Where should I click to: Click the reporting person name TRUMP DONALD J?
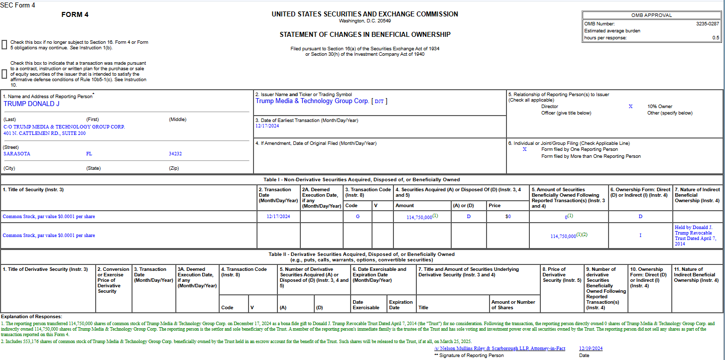pyautogui.click(x=31, y=104)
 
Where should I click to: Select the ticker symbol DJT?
pyautogui.click(x=379, y=101)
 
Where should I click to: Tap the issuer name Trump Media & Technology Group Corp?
pyautogui.click(x=312, y=101)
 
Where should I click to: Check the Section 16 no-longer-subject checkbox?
pyautogui.click(x=4, y=45)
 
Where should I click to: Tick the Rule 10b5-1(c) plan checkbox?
pyautogui.click(x=4, y=74)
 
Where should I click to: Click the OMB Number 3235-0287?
pyautogui.click(x=708, y=23)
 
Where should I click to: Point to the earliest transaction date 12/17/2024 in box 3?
pyautogui.click(x=267, y=126)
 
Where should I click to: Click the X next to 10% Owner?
pyautogui.click(x=630, y=107)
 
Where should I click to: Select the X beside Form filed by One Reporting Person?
pyautogui.click(x=524, y=149)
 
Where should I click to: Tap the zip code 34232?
pyautogui.click(x=175, y=154)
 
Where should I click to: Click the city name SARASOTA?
pyautogui.click(x=17, y=154)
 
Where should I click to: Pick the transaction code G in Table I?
pyautogui.click(x=358, y=217)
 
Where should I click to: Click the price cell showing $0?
pyautogui.click(x=508, y=217)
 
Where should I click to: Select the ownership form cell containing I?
pyautogui.click(x=640, y=236)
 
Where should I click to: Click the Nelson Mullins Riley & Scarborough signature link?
pyautogui.click(x=499, y=349)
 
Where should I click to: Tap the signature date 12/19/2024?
pyautogui.click(x=591, y=349)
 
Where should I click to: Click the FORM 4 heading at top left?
pyautogui.click(x=75, y=14)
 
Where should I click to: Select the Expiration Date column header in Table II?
pyautogui.click(x=401, y=305)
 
